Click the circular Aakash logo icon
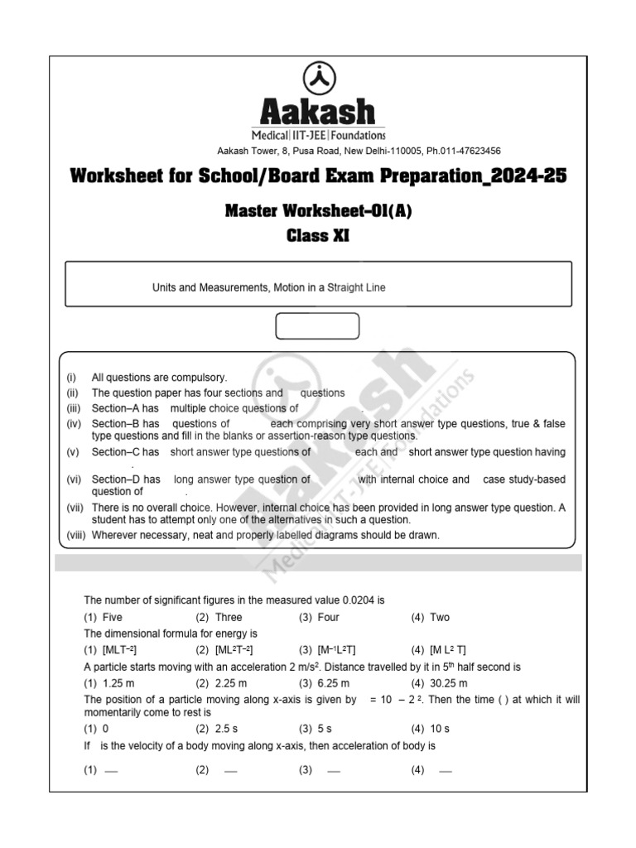pyautogui.click(x=318, y=79)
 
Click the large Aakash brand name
pyautogui.click(x=318, y=113)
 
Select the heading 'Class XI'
pyautogui.click(x=318, y=236)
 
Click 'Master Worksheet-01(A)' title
pyautogui.click(x=318, y=211)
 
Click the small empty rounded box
pyautogui.click(x=317, y=326)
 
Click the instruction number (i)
pyautogui.click(x=72, y=378)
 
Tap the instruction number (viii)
pyautogui.click(x=77, y=535)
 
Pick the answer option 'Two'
pyautogui.click(x=440, y=617)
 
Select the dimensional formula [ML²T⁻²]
pyautogui.click(x=234, y=650)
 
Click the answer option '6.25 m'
pyautogui.click(x=333, y=683)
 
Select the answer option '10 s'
pyautogui.click(x=440, y=729)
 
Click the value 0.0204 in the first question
pyautogui.click(x=354, y=600)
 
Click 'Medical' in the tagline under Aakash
pyautogui.click(x=271, y=134)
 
